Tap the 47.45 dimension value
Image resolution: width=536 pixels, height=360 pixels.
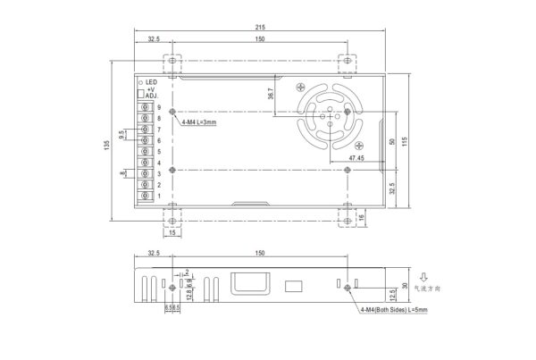click(x=356, y=158)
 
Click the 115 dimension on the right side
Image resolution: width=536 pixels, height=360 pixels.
click(x=404, y=143)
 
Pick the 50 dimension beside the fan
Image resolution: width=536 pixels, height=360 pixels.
click(x=390, y=141)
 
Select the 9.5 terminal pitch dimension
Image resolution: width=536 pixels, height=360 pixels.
click(x=121, y=135)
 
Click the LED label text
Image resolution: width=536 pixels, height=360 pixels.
click(x=151, y=82)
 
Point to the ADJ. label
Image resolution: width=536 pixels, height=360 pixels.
click(x=151, y=97)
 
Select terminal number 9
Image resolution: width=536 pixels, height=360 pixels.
click(x=158, y=107)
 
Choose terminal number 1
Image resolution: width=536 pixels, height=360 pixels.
click(x=158, y=195)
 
